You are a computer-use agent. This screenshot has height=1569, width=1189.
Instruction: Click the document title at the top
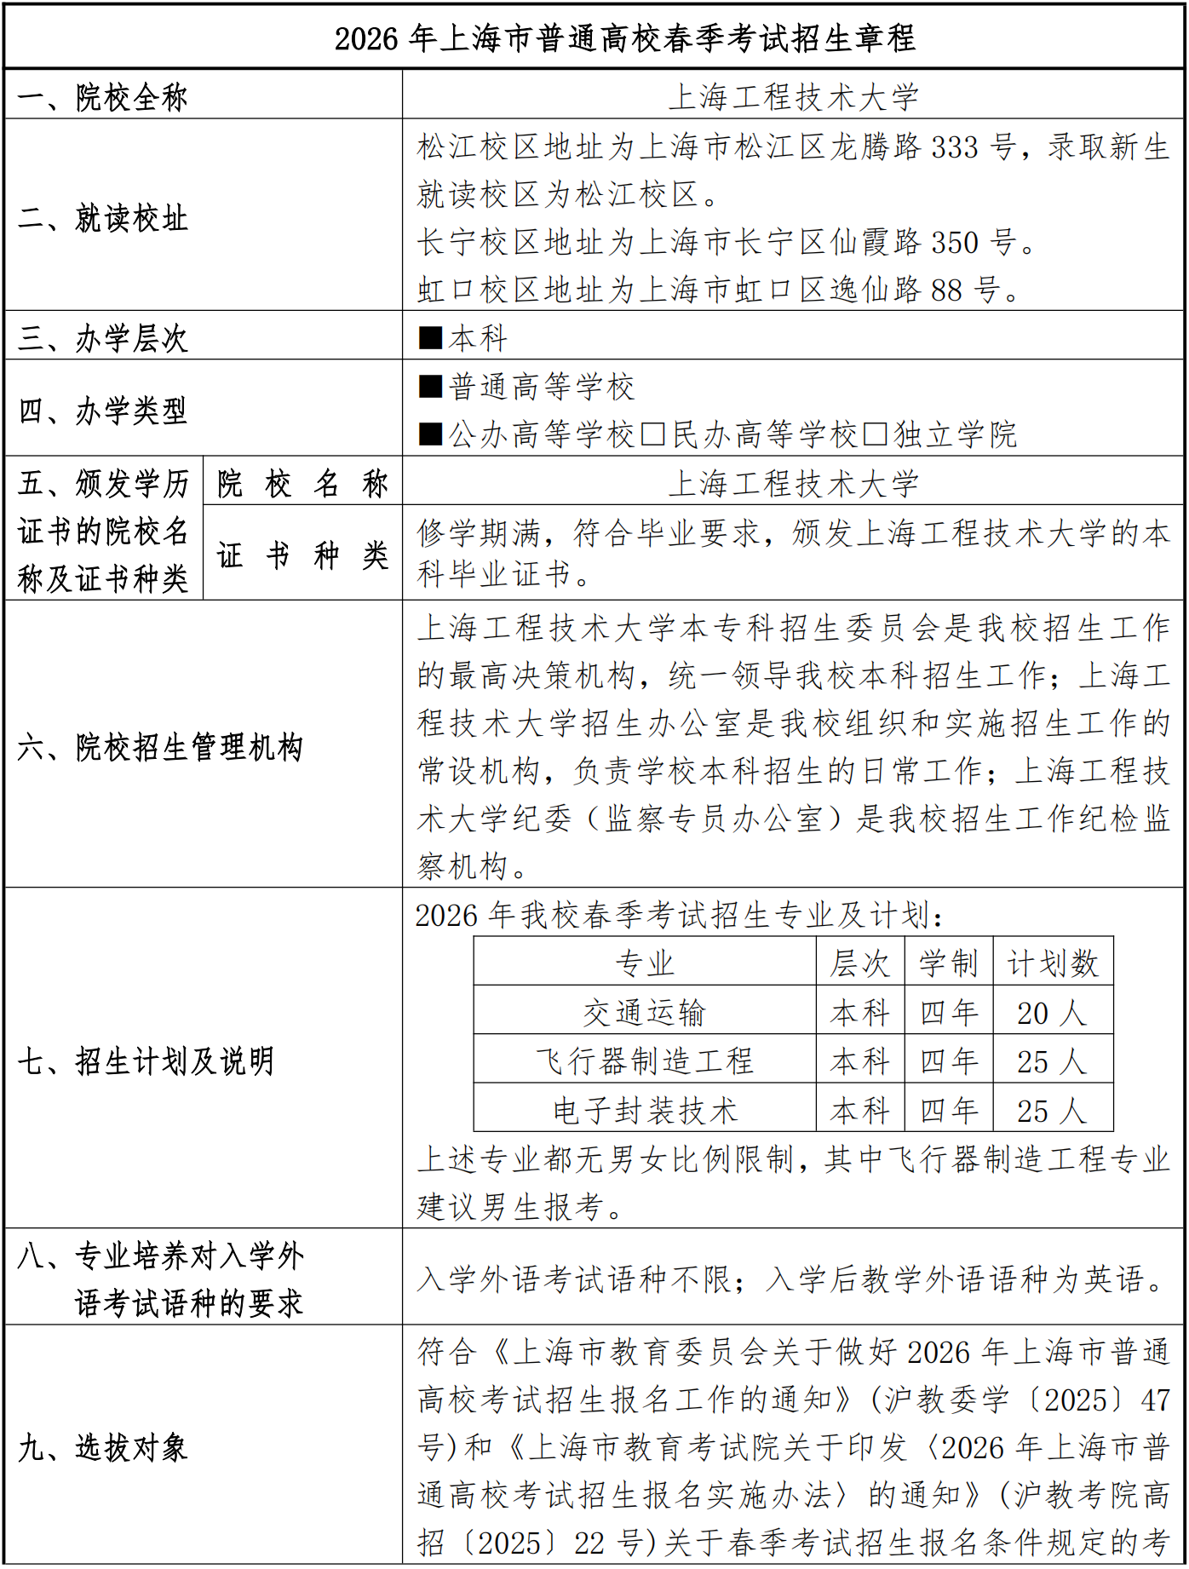624,38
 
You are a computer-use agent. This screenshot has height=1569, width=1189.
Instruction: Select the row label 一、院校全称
102,97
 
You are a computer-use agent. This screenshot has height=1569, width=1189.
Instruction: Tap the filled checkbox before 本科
430,338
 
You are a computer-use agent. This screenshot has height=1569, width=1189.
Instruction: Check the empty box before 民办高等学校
653,434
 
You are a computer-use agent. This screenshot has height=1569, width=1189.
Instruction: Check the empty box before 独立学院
875,434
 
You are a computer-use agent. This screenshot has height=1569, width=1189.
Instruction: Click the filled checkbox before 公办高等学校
430,434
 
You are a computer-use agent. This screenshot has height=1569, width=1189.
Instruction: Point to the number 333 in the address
954,147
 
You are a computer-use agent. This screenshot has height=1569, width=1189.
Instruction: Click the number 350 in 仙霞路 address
954,243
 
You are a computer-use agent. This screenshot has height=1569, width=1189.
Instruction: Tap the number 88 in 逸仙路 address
945,290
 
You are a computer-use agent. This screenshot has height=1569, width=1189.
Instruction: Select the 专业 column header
645,963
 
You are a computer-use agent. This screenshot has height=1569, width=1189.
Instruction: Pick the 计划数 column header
1053,963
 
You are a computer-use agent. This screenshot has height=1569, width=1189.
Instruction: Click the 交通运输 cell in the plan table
645,1013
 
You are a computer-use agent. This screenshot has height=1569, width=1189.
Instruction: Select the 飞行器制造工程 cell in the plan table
645,1061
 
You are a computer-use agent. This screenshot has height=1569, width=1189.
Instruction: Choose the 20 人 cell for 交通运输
1053,1013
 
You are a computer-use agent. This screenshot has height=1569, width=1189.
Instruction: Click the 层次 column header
860,963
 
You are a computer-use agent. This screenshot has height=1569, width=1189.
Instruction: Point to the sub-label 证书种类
302,555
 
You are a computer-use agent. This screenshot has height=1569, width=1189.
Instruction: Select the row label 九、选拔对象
102,1447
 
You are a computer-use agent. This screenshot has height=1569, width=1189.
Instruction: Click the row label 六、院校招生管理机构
160,747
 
